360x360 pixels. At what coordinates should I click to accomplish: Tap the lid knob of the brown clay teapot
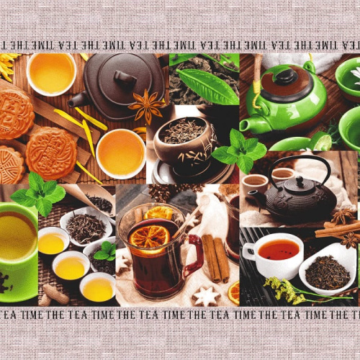125,78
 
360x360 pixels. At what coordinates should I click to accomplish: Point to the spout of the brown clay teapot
76,100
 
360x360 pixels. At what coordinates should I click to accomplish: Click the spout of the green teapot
251,125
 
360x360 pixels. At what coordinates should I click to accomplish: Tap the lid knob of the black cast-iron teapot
300,181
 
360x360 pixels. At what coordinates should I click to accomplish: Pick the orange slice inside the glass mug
149,238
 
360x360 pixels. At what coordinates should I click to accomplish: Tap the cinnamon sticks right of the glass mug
216,258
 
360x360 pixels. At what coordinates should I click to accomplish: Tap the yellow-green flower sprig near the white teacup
284,290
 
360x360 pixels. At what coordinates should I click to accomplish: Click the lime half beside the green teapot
322,142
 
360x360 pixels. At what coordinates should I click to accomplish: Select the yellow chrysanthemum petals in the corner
8,66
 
